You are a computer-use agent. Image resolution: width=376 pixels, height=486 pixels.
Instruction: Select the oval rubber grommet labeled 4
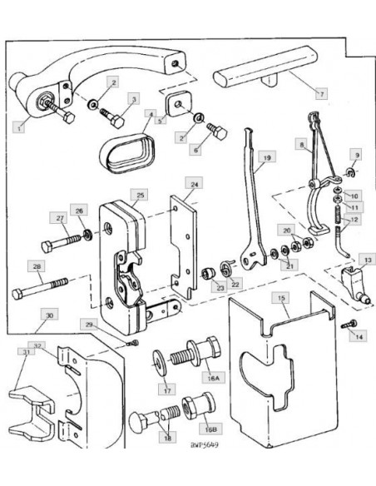(127, 151)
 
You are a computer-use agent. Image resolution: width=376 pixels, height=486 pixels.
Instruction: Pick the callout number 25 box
(141, 195)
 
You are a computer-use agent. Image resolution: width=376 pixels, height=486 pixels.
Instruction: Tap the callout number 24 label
(194, 183)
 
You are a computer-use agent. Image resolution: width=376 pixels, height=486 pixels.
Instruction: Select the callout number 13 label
(366, 260)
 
